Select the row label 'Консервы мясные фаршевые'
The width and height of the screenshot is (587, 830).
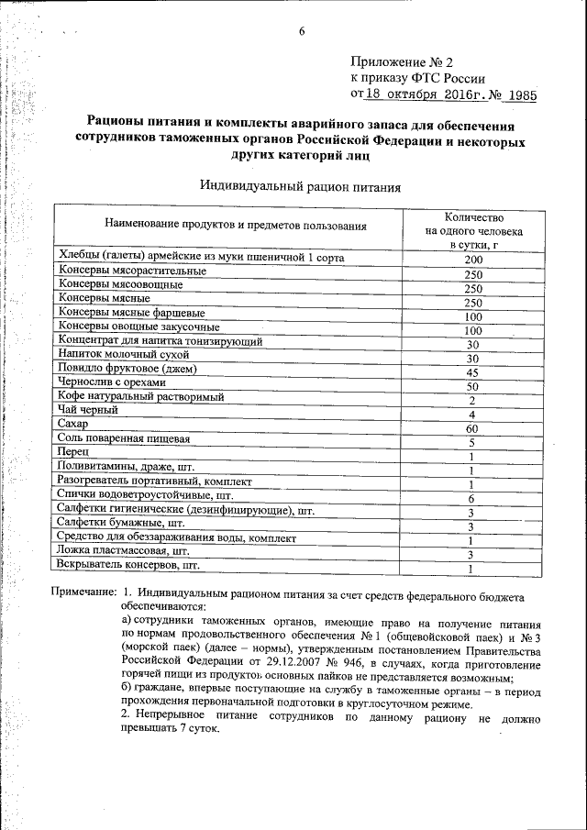click(x=132, y=312)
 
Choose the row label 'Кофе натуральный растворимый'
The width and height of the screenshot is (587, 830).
click(x=141, y=396)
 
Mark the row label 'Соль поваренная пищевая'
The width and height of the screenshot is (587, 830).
click(x=124, y=437)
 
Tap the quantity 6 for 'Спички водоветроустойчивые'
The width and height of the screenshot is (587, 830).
click(x=471, y=499)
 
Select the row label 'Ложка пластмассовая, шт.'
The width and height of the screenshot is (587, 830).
click(x=123, y=551)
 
